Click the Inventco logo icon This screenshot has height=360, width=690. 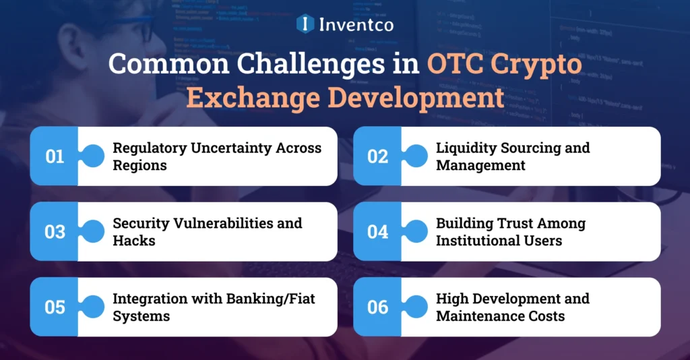click(306, 24)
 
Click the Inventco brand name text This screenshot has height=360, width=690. click(357, 24)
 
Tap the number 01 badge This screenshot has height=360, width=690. click(55, 156)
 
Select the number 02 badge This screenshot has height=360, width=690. click(378, 156)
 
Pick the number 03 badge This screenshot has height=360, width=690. click(55, 232)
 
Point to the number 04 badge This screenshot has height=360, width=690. click(378, 232)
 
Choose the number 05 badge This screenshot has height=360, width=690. click(55, 307)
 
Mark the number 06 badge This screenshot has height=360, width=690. click(378, 307)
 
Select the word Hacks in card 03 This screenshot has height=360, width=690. click(133, 240)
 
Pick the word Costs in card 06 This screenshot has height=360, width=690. click(544, 316)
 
